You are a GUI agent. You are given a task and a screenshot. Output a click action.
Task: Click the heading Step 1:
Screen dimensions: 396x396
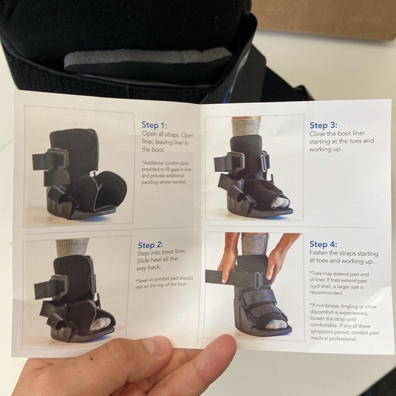coord(154,125)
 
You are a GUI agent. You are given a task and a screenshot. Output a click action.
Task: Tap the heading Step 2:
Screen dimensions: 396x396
coord(151,245)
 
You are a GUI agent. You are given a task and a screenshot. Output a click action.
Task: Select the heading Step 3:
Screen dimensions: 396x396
coord(323,125)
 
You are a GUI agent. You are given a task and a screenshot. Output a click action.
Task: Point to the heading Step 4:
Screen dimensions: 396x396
coord(323,244)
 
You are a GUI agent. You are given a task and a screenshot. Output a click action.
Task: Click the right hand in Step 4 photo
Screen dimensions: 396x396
coord(280,256)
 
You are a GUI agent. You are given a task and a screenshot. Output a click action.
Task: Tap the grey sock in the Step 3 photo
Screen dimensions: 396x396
coord(246,126)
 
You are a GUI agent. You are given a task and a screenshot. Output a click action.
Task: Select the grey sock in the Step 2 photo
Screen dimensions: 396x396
coord(72,246)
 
